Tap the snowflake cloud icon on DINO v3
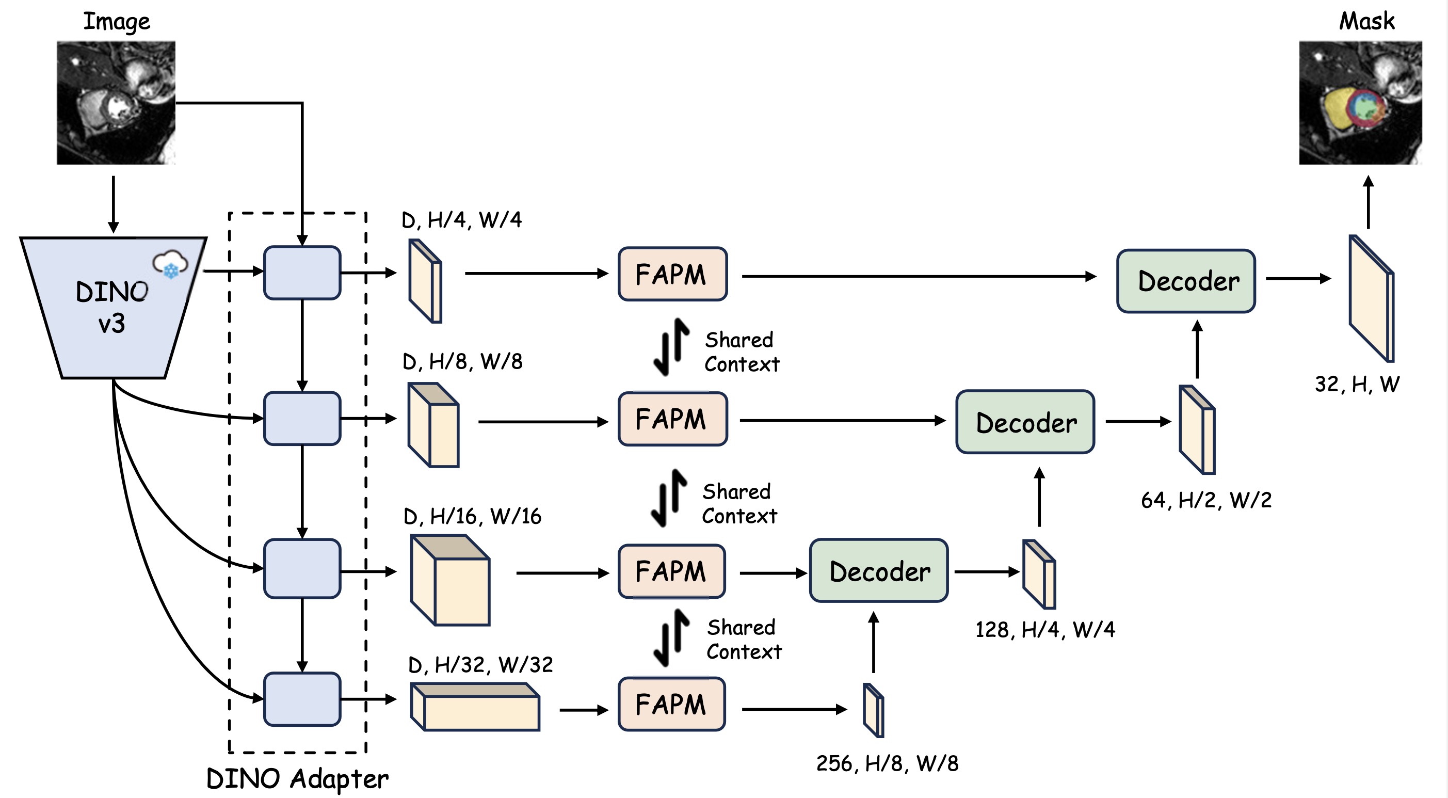[170, 264]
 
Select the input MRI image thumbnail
[116, 103]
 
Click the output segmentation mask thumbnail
[1360, 103]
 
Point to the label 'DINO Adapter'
[297, 779]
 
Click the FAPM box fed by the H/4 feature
[672, 274]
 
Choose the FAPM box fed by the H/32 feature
[672, 704]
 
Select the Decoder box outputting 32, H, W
[1186, 281]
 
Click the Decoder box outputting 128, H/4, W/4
[879, 570]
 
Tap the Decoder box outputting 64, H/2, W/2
[1025, 422]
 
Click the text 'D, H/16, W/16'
[472, 516]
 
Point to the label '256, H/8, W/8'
[887, 763]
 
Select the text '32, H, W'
[1357, 385]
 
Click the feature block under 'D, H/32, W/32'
[475, 706]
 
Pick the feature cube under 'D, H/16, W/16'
[451, 580]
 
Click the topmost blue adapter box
[302, 273]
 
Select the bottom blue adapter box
[302, 699]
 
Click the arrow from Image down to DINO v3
[114, 204]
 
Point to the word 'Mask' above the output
[1366, 21]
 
